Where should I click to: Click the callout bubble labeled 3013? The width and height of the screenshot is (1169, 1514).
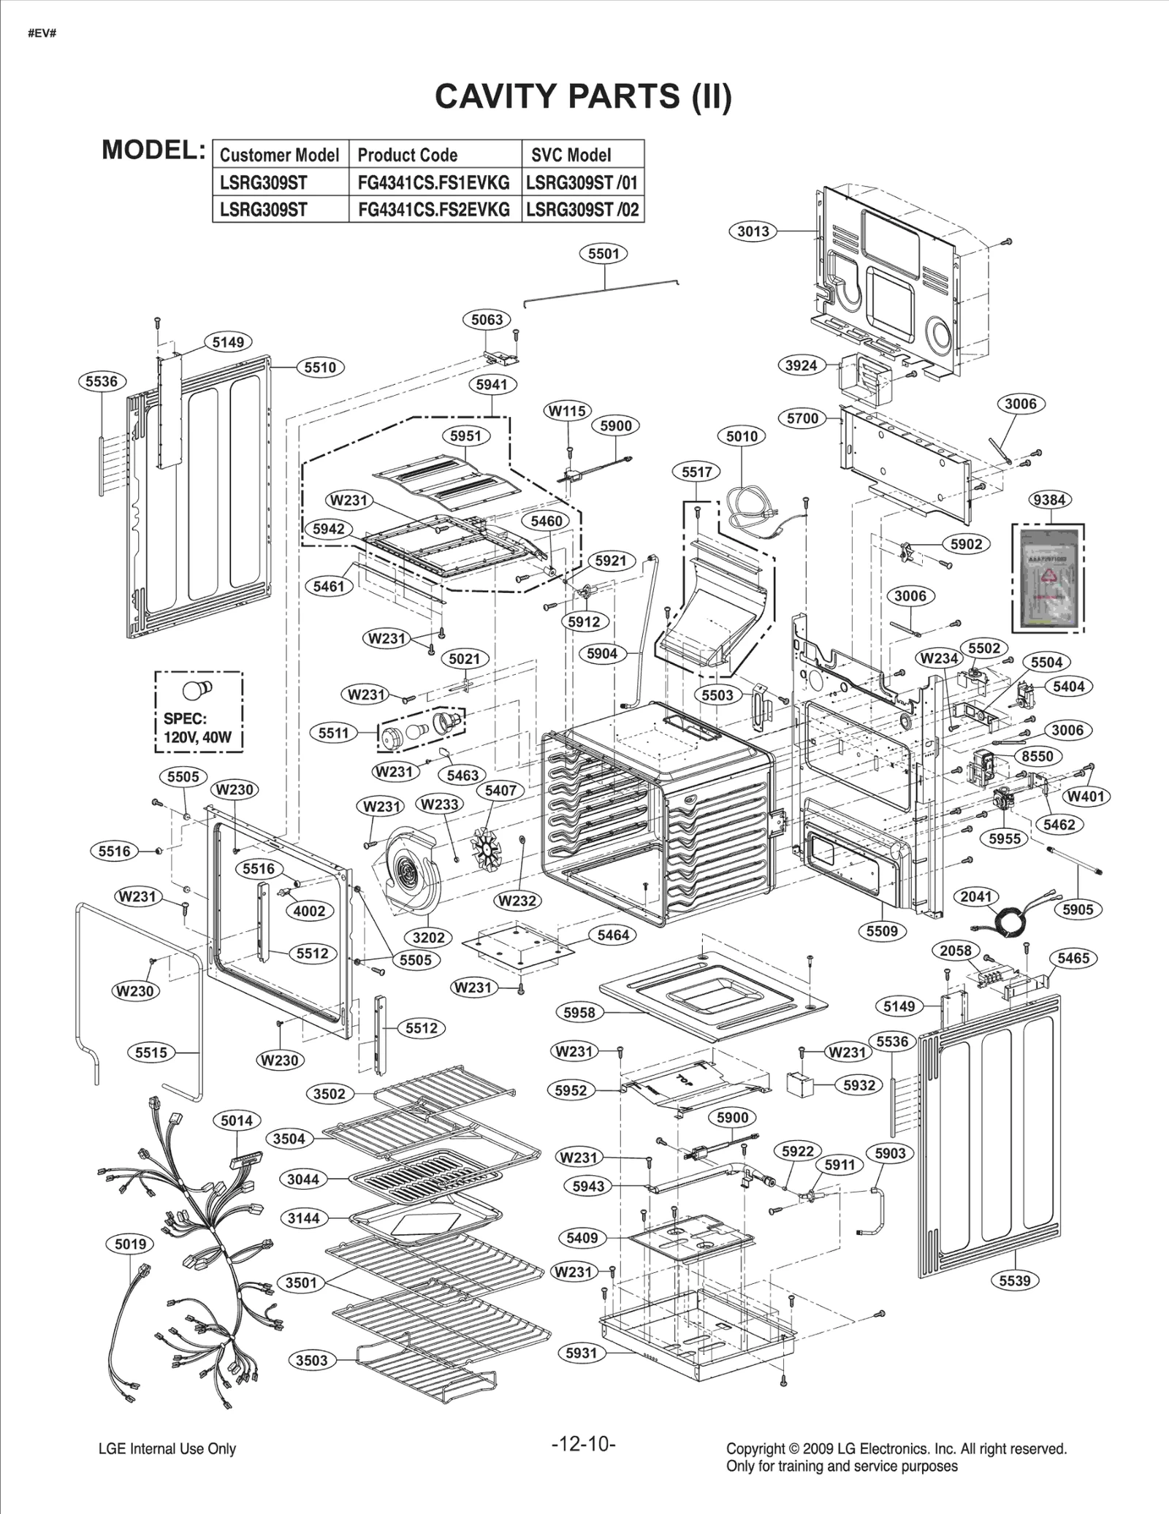point(753,232)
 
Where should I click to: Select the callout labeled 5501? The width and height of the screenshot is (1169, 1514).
point(603,253)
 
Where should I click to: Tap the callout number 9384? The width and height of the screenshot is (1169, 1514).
point(1049,500)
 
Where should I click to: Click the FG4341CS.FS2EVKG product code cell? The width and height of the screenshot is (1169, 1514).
point(434,210)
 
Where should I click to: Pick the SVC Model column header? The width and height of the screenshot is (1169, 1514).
point(571,155)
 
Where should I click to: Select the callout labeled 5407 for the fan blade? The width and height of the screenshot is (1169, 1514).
point(500,790)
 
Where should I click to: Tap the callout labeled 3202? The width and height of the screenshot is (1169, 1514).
point(428,937)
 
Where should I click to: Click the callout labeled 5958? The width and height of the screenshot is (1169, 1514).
point(579,1012)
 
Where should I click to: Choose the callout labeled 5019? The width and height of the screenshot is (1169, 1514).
point(130,1244)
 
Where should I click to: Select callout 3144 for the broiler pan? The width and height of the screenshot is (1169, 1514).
point(303,1218)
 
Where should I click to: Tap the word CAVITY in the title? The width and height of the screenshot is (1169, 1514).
point(497,96)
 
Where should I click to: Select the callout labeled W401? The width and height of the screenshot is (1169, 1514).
point(1085,796)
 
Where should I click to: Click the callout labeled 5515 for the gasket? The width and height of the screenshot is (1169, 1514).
point(151,1052)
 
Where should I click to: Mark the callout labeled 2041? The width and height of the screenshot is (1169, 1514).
point(975,896)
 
